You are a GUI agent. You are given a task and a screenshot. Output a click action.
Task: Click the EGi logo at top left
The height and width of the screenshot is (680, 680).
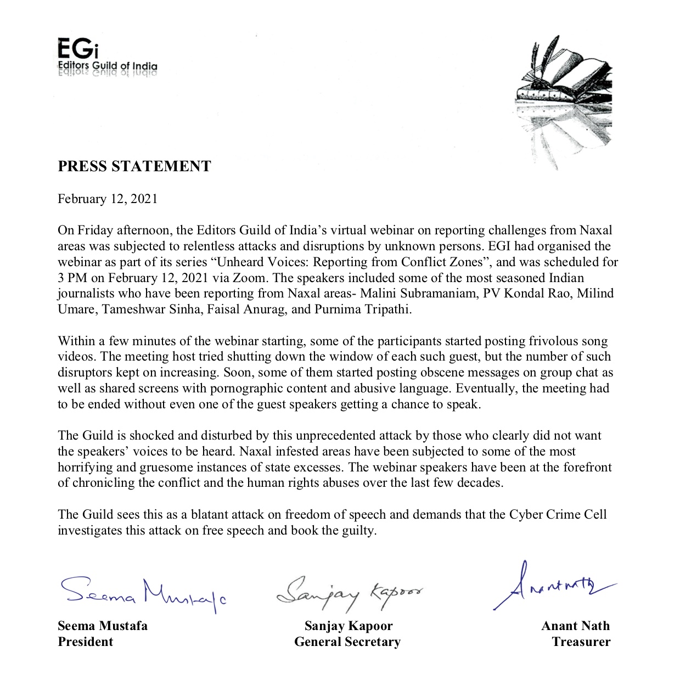click(x=107, y=57)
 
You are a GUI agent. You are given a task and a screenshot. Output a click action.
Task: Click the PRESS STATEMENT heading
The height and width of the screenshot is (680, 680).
click(x=134, y=166)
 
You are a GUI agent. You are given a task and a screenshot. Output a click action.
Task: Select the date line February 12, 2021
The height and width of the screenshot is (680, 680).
click(x=108, y=199)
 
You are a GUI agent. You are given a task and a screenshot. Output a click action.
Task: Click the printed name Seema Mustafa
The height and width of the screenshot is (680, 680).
click(x=103, y=626)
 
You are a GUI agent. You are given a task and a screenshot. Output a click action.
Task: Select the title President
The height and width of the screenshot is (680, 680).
click(x=85, y=642)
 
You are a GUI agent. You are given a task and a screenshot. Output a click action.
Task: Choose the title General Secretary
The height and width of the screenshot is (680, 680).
click(x=347, y=642)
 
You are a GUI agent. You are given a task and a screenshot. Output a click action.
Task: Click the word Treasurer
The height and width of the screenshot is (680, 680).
click(x=581, y=642)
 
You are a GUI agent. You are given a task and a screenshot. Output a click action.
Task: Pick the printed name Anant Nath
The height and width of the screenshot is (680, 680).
click(x=575, y=626)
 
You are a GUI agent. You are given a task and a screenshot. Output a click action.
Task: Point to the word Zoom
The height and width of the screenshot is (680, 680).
click(x=250, y=277)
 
